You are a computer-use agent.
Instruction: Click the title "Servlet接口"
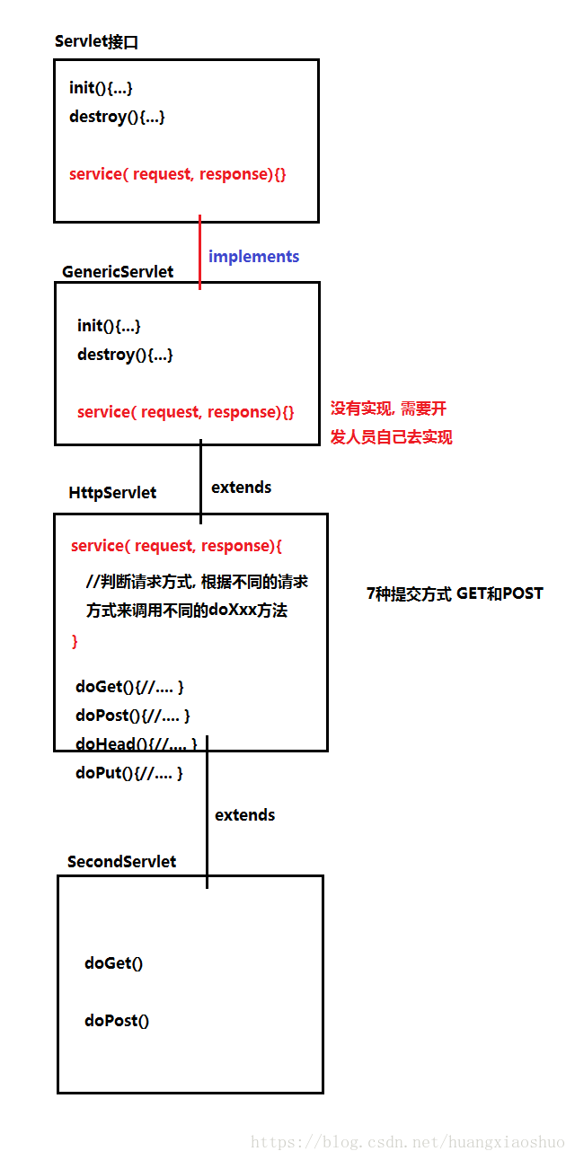(96, 41)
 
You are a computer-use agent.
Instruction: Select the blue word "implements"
(253, 257)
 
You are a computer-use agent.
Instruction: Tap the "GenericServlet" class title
(118, 271)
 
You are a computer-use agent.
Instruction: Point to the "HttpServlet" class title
(112, 492)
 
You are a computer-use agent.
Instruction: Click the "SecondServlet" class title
(121, 861)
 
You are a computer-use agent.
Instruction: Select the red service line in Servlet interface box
(178, 174)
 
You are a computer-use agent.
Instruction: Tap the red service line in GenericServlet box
(185, 412)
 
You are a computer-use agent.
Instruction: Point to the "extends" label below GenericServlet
(241, 488)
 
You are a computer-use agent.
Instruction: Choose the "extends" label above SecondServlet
(244, 814)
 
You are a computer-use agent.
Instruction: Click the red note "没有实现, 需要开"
(388, 409)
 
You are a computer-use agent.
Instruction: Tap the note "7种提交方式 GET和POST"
(455, 593)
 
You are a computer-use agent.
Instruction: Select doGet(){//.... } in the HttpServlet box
(130, 687)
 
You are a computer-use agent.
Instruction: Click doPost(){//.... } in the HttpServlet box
(133, 716)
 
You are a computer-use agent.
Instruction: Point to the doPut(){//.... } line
(129, 772)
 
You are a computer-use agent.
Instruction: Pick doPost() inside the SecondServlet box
(117, 1020)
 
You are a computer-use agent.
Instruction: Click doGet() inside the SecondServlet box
(113, 963)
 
